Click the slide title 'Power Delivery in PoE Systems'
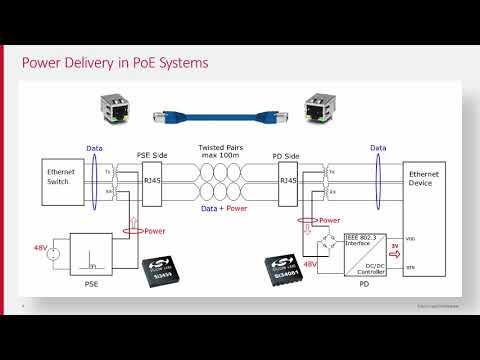coord(115,64)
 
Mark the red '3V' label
coord(393,243)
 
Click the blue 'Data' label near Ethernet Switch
coord(94,147)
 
